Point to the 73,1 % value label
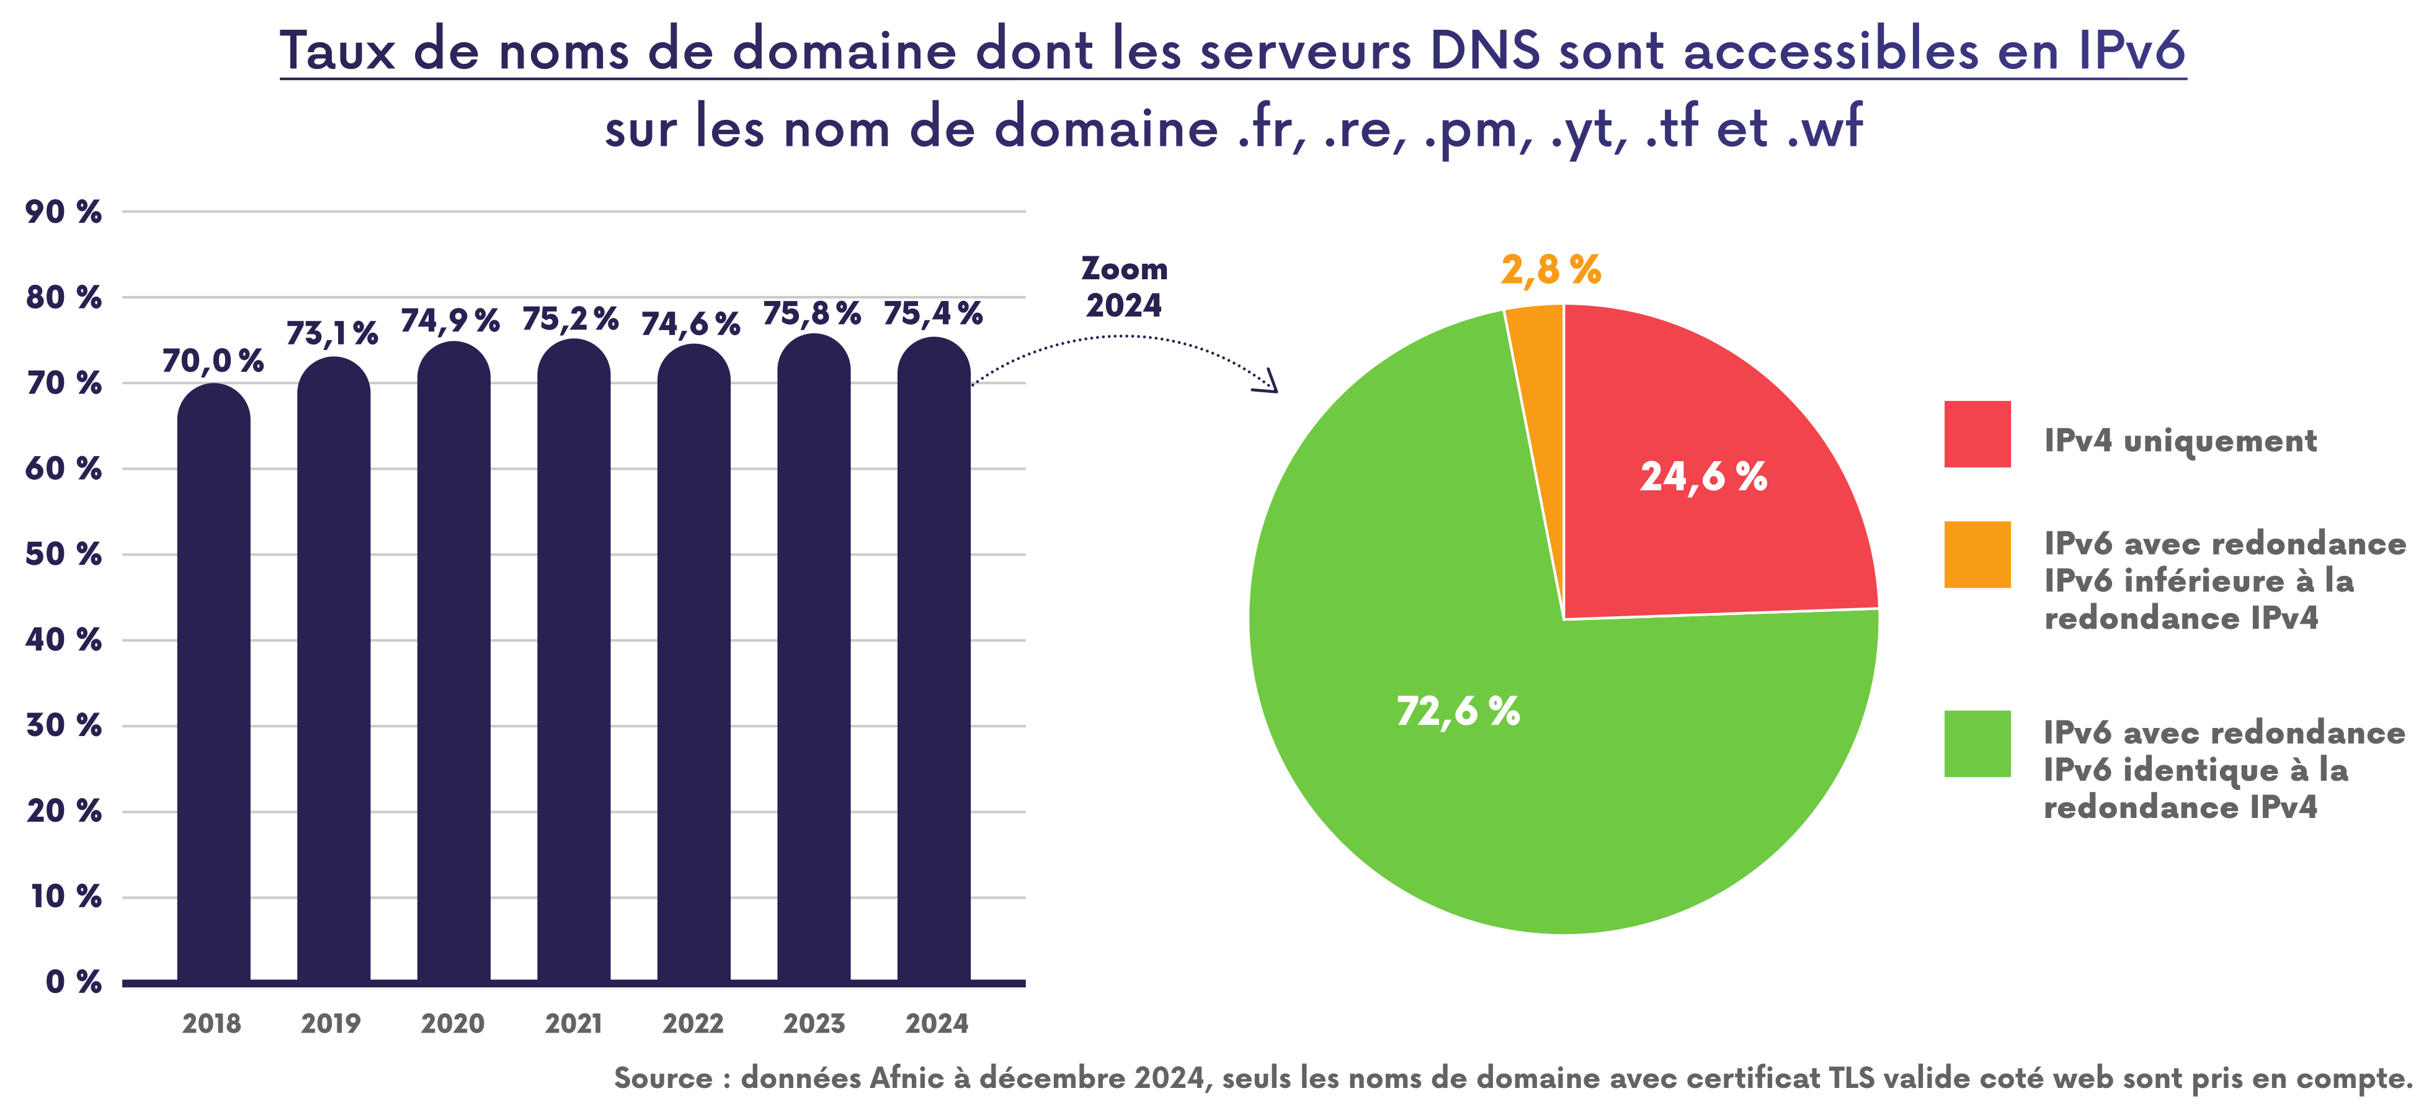pyautogui.click(x=332, y=334)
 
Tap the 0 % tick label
pyautogui.click(x=74, y=982)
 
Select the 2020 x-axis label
pyautogui.click(x=453, y=1023)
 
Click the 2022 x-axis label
pyautogui.click(x=693, y=1023)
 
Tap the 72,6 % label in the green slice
pyautogui.click(x=1458, y=711)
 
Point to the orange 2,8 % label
pyautogui.click(x=1551, y=270)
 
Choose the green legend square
pyautogui.click(x=1977, y=743)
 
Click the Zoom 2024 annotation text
pyautogui.click(x=1124, y=287)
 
